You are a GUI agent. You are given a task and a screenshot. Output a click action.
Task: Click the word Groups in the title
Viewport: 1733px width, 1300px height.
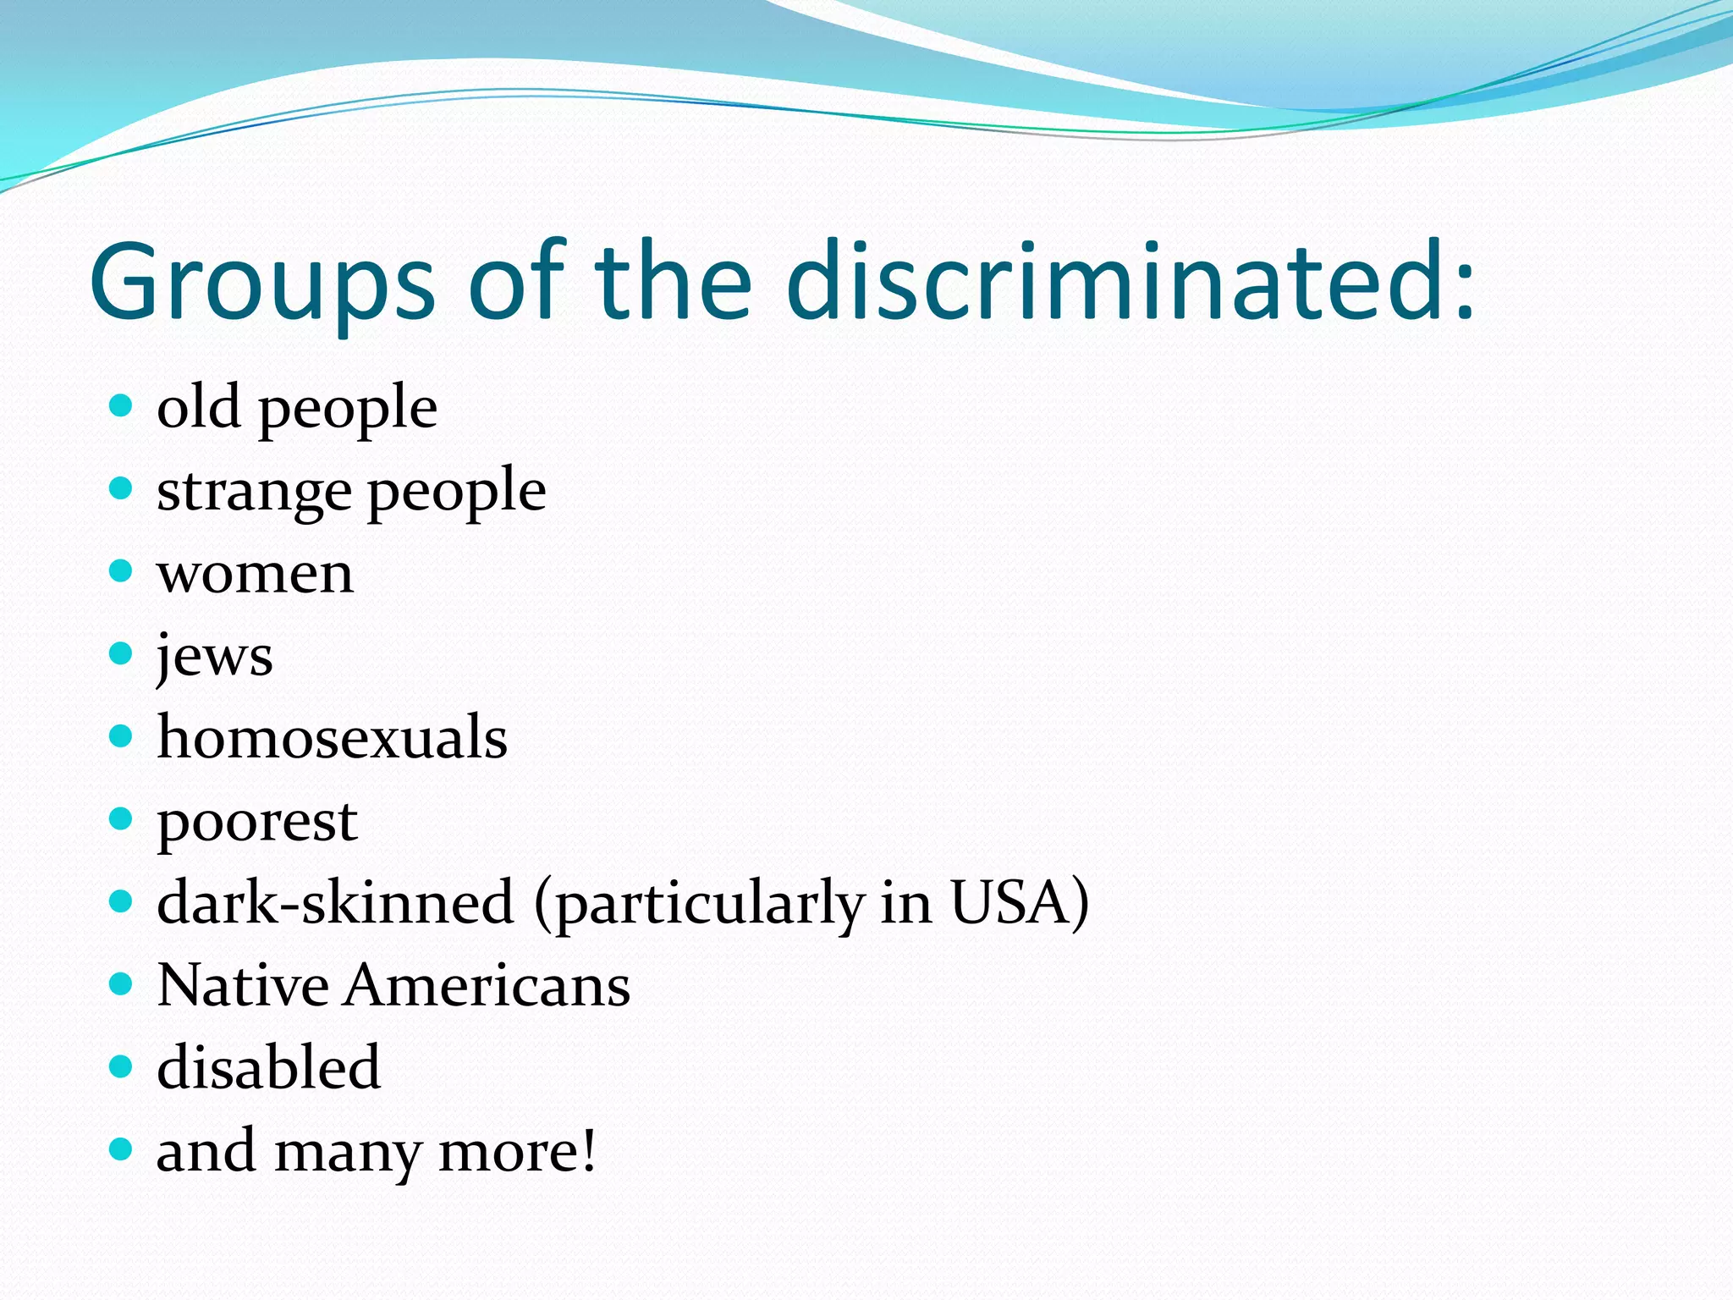pos(262,284)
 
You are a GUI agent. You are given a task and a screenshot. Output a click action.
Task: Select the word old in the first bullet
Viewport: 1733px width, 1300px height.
pos(199,407)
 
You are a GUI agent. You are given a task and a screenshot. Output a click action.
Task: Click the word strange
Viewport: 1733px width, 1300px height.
pos(254,492)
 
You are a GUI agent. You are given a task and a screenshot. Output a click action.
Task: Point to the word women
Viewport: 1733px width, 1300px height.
pos(255,574)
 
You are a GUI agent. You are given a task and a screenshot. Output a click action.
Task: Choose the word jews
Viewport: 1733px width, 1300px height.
pos(215,656)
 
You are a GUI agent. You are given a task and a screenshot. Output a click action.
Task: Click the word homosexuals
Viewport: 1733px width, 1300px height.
pos(332,737)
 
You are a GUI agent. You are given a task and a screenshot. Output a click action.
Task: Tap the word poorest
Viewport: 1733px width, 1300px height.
pos(257,821)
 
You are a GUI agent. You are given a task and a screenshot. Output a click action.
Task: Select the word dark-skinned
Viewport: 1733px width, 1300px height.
pos(335,902)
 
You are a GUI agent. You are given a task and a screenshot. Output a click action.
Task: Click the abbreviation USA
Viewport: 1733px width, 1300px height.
pos(1010,902)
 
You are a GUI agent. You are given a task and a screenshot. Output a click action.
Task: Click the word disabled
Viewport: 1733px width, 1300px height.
pos(268,1067)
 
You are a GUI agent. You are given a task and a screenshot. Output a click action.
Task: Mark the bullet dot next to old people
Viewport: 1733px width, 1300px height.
pos(122,405)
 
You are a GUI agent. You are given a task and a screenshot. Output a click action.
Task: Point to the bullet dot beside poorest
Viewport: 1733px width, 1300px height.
pos(122,818)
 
